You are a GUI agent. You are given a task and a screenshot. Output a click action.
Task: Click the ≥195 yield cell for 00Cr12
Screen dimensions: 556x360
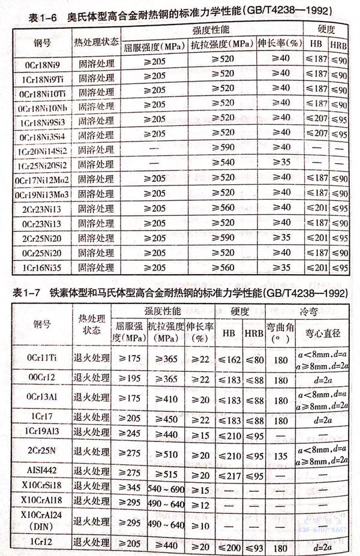(127, 380)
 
